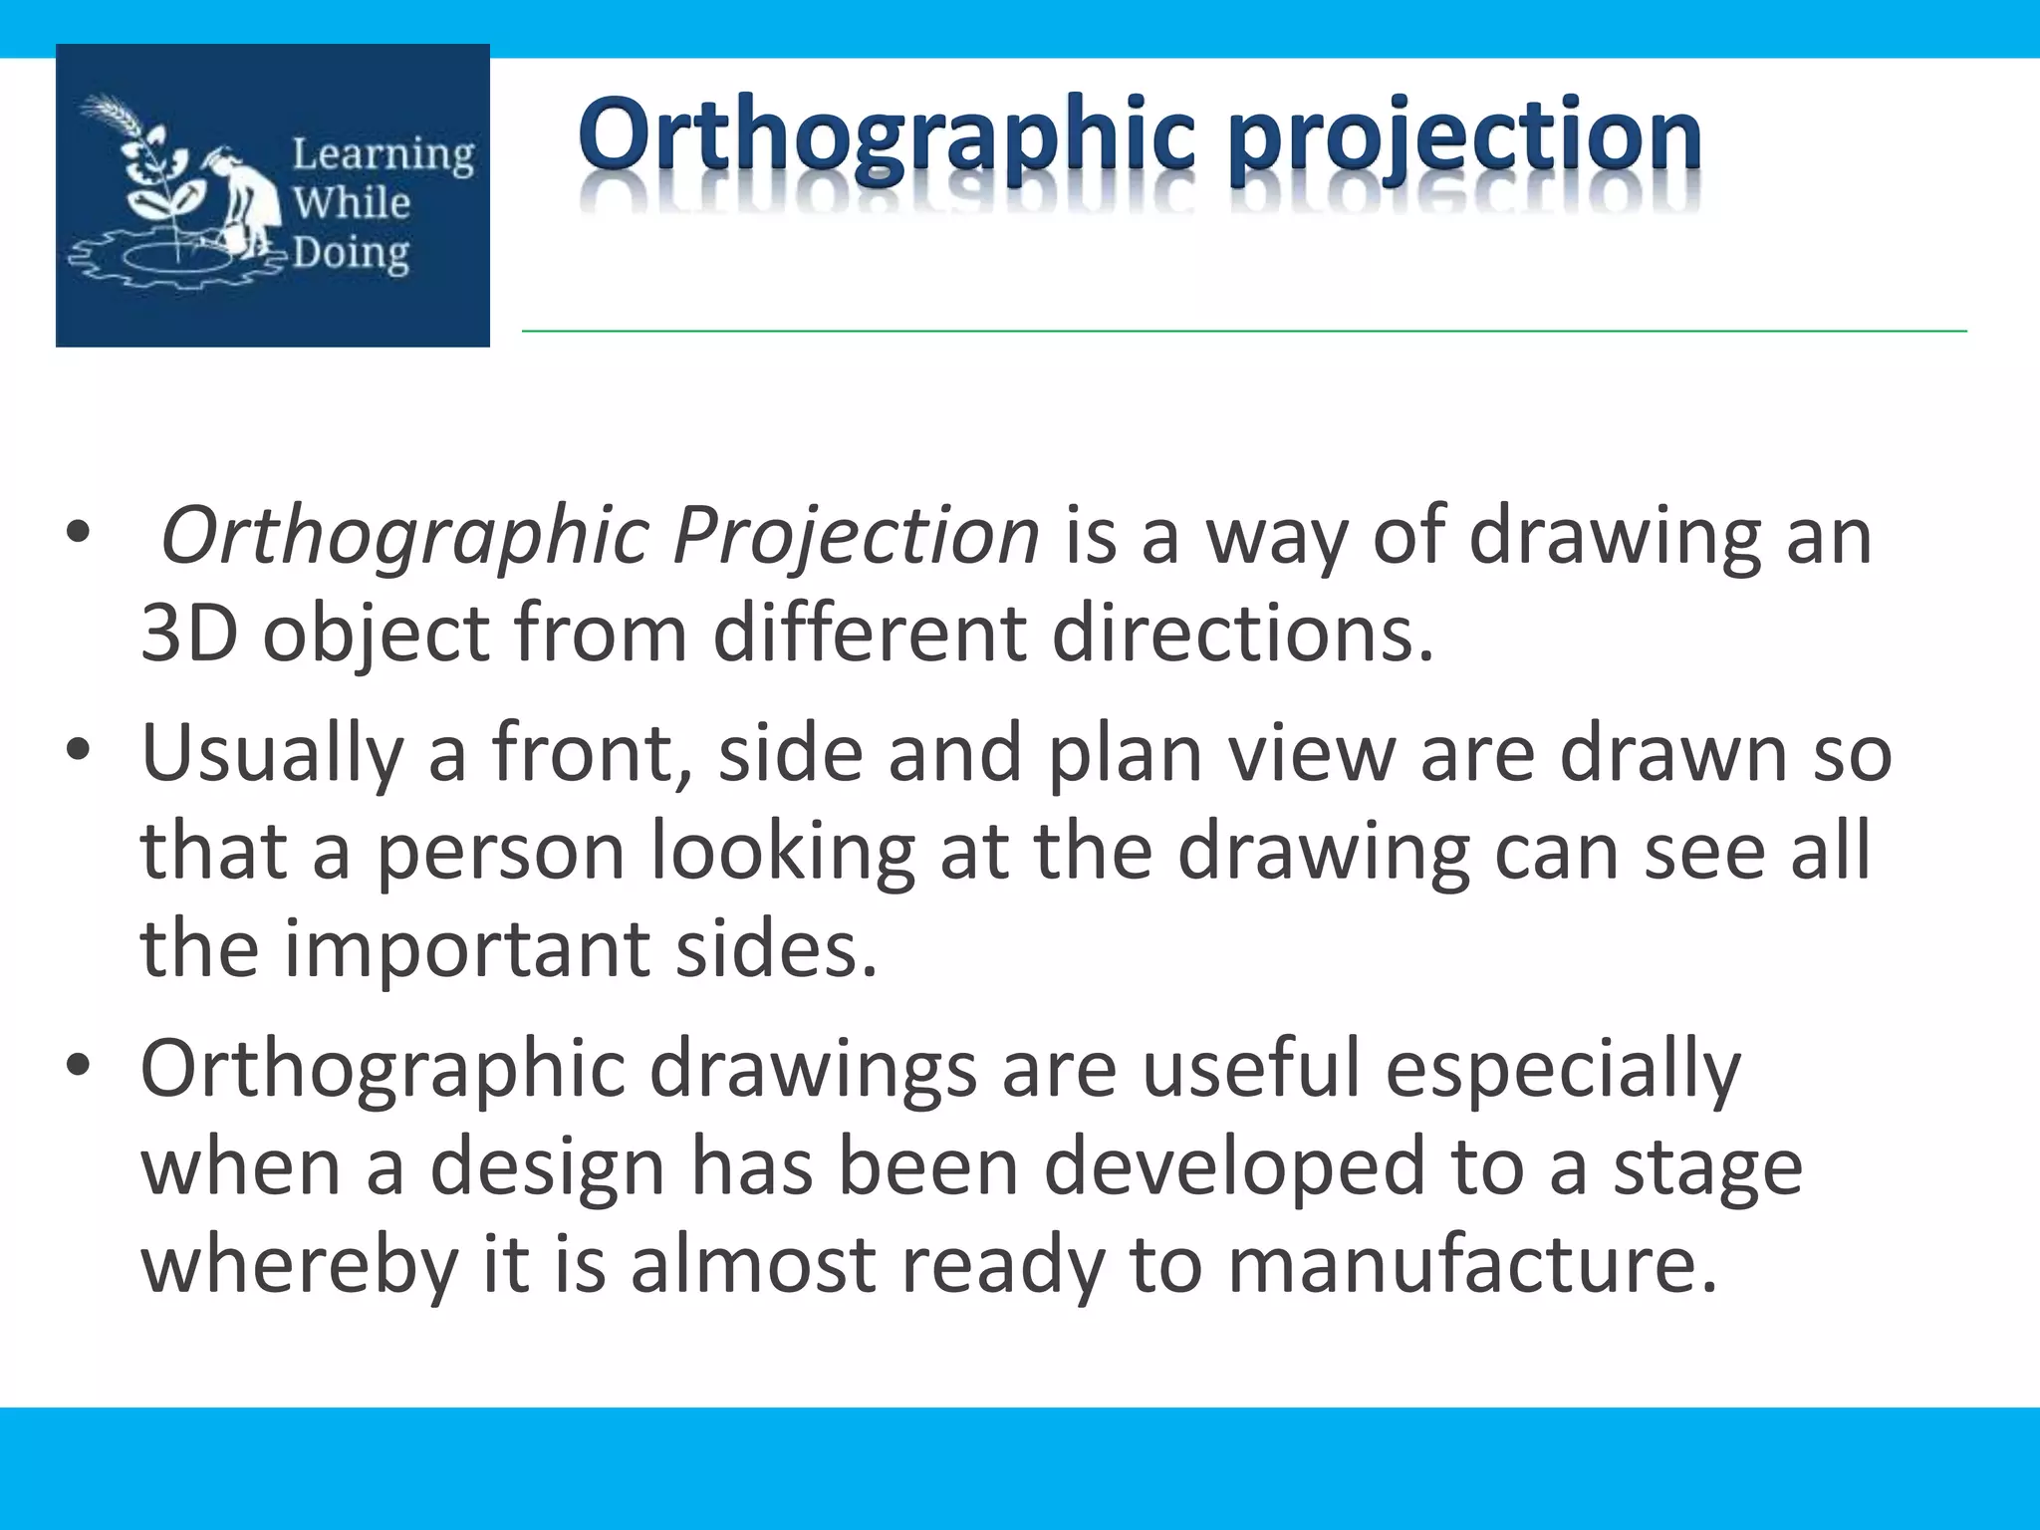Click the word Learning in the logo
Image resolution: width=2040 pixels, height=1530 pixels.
click(x=382, y=155)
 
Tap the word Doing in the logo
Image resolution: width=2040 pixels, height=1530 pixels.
click(x=351, y=255)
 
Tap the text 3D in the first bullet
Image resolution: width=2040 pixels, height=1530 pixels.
click(x=189, y=634)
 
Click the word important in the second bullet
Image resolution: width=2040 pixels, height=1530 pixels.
click(x=467, y=948)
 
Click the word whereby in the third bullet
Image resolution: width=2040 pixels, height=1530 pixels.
click(x=299, y=1265)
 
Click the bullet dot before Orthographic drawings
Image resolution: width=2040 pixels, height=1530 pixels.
click(x=79, y=1066)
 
